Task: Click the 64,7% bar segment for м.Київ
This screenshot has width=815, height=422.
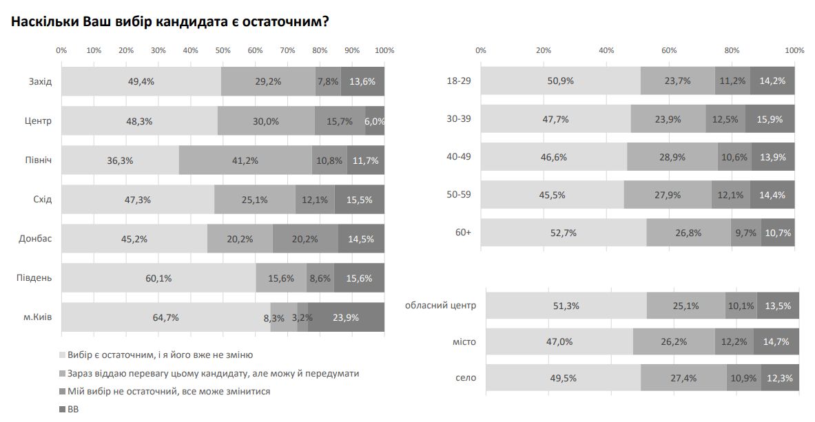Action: coord(165,317)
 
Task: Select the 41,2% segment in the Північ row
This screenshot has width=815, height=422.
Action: coord(245,160)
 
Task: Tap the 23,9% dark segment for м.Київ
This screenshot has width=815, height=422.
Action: coord(346,317)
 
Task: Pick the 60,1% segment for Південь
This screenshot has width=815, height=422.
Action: coord(158,278)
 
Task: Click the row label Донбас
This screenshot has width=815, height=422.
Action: coord(35,239)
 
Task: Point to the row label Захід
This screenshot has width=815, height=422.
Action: coord(39,82)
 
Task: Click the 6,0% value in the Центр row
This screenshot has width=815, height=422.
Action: coord(375,121)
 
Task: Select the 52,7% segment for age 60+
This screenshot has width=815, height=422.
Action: coord(564,233)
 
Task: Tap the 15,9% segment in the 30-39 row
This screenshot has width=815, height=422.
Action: coord(770,119)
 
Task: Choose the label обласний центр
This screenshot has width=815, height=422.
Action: coord(440,305)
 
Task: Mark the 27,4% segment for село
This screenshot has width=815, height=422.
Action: coord(683,378)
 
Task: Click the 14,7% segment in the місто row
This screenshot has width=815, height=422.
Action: coord(776,341)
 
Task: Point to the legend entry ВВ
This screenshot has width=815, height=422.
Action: coord(73,409)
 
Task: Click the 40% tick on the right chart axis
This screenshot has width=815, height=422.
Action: coord(606,50)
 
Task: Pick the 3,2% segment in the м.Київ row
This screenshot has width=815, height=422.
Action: coord(302,317)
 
